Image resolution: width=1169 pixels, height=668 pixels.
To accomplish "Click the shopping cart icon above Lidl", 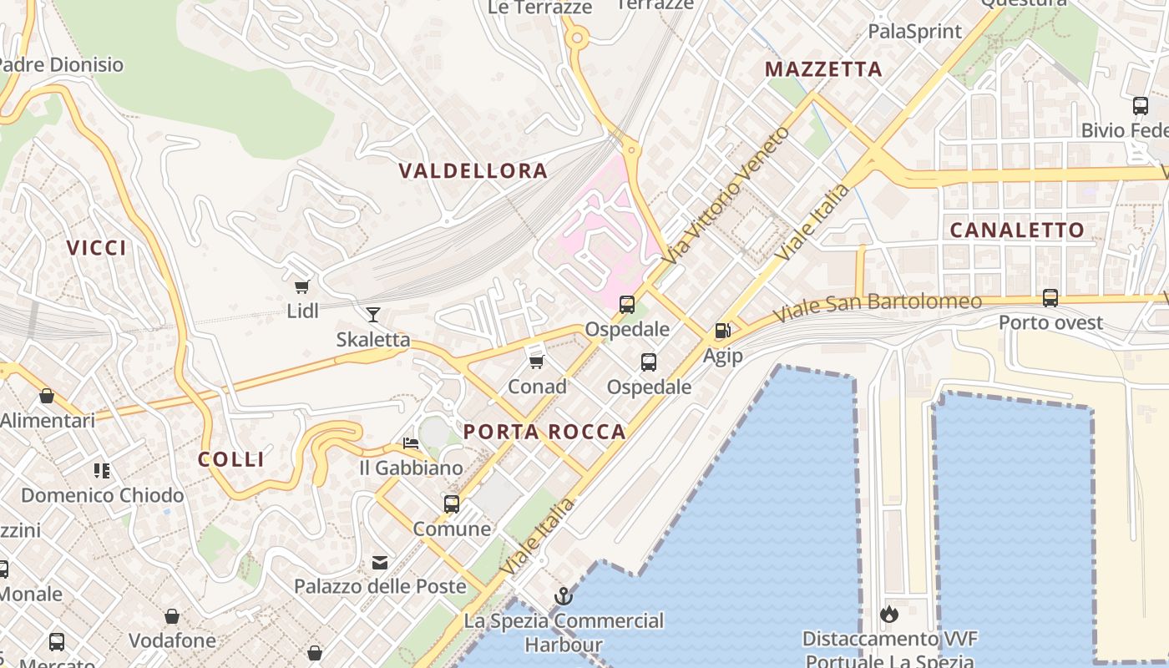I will coord(302,287).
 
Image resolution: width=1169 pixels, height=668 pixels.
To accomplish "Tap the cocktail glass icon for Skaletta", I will coord(372,315).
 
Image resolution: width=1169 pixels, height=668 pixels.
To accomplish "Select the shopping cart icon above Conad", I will coord(537,362).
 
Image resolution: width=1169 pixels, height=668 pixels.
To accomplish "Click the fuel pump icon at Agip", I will coord(722,331).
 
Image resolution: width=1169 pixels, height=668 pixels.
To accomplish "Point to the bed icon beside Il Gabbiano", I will coord(410,443).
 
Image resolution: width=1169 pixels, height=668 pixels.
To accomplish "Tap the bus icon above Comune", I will coord(452,504).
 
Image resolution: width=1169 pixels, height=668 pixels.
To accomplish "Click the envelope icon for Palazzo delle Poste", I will coord(380,562).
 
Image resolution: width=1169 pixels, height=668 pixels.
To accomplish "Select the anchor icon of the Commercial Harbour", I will coord(564,596).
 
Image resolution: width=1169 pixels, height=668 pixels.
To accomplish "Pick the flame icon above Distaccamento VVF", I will coord(888,615).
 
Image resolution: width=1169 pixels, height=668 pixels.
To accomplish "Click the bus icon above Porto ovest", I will coord(1050,298).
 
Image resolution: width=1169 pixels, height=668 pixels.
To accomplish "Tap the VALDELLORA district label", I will coord(473,171).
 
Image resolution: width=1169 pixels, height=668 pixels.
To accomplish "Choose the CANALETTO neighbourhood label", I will coord(1017,230).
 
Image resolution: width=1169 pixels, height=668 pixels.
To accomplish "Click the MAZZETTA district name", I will coord(823,69).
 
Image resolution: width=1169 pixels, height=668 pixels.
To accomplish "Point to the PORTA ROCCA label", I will coord(544,432).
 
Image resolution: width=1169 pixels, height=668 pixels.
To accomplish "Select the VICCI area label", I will coord(97,248).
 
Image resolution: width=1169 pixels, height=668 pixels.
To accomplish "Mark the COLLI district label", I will coord(231,459).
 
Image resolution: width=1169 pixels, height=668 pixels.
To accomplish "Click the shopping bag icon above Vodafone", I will coord(172,617).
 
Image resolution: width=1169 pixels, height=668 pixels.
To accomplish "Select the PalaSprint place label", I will coord(915,32).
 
